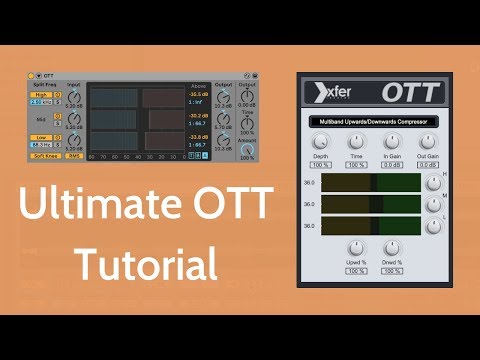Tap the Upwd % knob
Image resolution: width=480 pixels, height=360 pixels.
pyautogui.click(x=356, y=250)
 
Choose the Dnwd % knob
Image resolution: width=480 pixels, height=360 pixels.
pyautogui.click(x=392, y=250)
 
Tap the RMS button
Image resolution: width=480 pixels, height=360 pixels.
pyautogui.click(x=74, y=155)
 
